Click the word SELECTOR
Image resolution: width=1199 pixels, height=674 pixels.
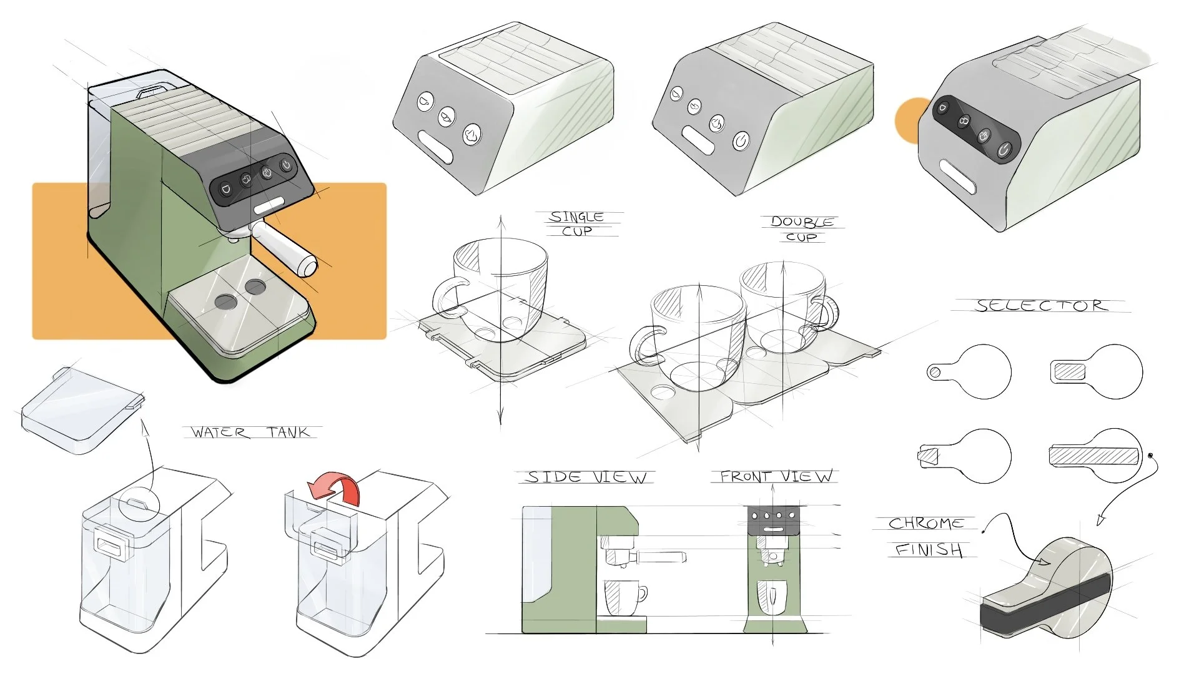coord(1041,305)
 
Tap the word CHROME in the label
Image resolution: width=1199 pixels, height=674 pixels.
coord(925,523)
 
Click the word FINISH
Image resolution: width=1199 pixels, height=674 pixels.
coord(929,550)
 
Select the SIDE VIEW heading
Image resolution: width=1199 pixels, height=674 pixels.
coord(586,477)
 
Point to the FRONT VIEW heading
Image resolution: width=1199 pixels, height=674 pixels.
coord(776,477)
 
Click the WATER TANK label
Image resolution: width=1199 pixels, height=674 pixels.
coord(250,432)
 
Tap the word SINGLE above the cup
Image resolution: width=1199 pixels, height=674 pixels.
coord(576,217)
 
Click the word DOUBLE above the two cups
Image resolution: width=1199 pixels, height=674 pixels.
coord(802,222)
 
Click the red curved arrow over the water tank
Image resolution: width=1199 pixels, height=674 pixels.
coord(337,489)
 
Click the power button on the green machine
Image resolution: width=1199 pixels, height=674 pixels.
coord(286,165)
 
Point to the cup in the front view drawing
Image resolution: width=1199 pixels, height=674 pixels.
coord(772,597)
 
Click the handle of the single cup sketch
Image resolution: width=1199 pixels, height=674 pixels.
coord(447,298)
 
